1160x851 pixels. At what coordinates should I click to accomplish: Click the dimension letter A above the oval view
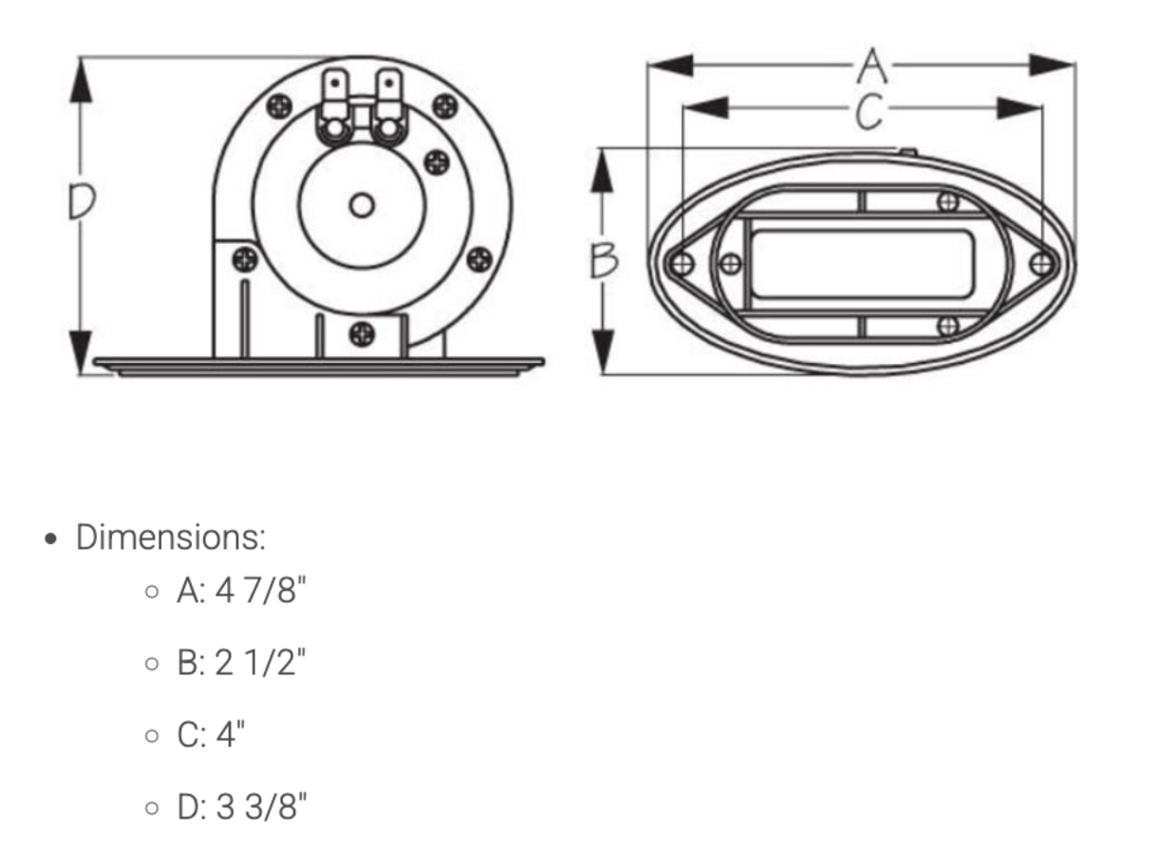click(x=872, y=66)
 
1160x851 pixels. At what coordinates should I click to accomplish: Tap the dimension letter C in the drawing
click(x=870, y=111)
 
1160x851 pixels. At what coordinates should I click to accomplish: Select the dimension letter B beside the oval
click(x=605, y=259)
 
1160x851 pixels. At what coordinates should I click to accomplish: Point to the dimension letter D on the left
click(x=83, y=201)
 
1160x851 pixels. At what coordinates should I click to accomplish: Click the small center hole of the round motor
click(x=362, y=205)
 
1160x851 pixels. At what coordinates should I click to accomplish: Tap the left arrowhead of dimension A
click(x=670, y=66)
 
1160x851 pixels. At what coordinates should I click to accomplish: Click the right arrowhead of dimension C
click(x=1020, y=108)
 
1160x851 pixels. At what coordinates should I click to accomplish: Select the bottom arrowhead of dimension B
click(x=602, y=351)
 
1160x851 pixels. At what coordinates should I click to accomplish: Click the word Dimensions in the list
click(x=171, y=538)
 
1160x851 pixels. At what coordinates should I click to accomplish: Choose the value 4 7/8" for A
click(x=260, y=591)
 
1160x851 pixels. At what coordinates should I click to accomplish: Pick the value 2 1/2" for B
click(x=260, y=662)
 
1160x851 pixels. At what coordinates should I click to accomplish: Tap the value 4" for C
click(x=230, y=734)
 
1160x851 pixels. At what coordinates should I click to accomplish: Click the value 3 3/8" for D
click(x=261, y=806)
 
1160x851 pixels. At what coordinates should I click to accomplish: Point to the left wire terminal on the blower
click(x=335, y=106)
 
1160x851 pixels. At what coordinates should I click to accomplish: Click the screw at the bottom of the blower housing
click(x=362, y=333)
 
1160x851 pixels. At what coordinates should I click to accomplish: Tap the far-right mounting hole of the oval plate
click(x=1041, y=264)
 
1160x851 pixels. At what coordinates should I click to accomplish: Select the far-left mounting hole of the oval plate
click(x=682, y=264)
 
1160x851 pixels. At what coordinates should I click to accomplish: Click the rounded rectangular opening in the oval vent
click(x=862, y=264)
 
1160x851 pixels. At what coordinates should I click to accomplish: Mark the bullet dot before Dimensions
click(x=50, y=539)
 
